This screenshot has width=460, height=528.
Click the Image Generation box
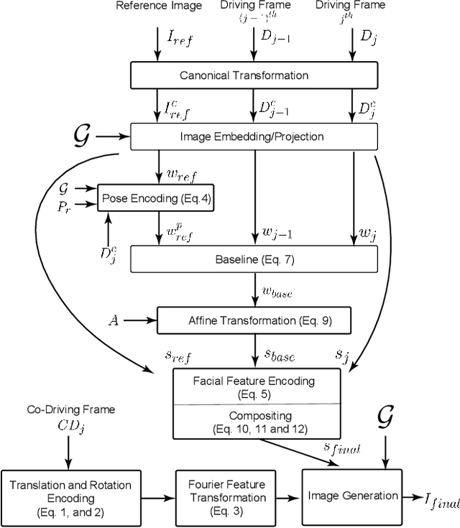[x=352, y=495]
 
